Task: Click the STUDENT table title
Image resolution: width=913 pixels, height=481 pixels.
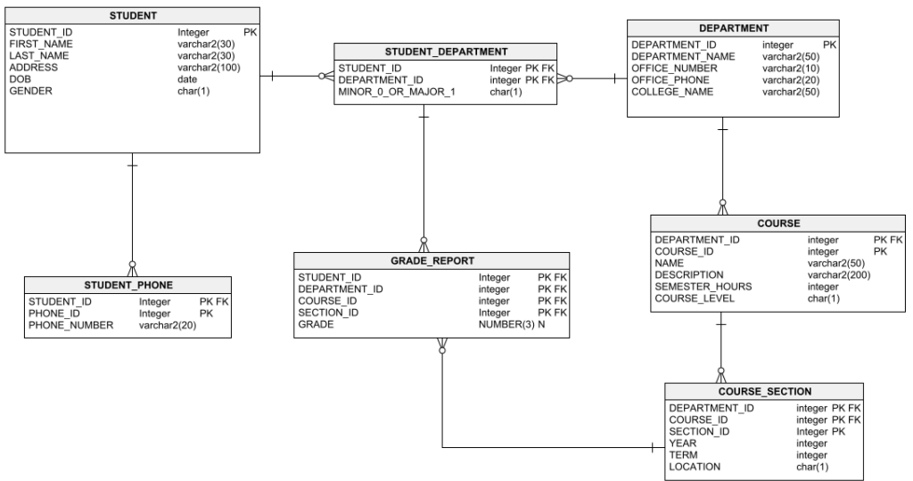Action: (133, 16)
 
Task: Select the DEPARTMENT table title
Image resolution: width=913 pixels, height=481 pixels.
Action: (733, 29)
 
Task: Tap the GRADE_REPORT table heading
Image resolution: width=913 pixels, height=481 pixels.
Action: (432, 262)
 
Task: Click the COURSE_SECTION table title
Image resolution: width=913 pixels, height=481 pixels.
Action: (764, 392)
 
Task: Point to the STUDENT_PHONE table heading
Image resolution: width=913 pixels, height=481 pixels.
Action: (128, 285)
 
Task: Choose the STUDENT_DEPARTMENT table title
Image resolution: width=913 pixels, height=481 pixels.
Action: (446, 52)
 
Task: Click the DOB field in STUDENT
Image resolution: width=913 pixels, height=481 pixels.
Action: (20, 79)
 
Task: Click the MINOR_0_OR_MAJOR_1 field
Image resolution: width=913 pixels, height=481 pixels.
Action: (396, 92)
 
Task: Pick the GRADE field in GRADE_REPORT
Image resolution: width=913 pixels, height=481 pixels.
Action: (316, 325)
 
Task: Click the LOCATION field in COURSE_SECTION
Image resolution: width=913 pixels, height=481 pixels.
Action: (695, 467)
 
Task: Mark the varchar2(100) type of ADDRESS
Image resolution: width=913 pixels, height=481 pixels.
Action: (209, 68)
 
